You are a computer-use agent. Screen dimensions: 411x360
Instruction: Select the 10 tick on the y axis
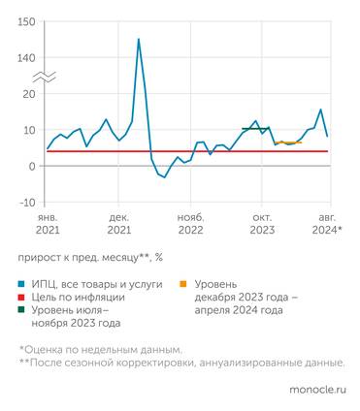(29, 130)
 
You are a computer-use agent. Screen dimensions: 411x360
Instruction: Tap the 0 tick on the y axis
(32, 166)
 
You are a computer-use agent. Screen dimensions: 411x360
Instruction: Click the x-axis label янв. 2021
(48, 224)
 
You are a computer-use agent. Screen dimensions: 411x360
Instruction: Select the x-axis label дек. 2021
(119, 224)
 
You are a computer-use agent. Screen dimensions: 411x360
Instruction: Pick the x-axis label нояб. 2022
(190, 224)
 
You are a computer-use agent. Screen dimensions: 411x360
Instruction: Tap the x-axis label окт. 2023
(262, 224)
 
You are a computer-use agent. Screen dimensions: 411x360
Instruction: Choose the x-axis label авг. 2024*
(326, 224)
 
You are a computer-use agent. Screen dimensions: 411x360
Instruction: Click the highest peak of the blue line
(139, 40)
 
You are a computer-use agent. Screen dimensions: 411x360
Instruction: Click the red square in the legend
(21, 299)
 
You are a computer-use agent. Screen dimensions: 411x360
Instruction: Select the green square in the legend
(21, 311)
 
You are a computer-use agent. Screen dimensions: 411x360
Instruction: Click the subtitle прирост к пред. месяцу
(88, 259)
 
